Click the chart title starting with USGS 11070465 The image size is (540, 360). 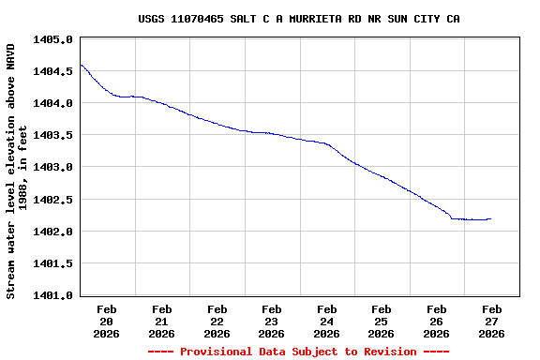click(x=298, y=19)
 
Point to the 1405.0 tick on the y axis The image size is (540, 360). click(x=52, y=39)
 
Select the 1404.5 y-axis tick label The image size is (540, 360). click(x=52, y=71)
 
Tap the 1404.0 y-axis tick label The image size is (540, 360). click(x=52, y=103)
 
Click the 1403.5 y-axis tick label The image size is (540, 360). click(x=52, y=135)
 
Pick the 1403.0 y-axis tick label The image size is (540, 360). click(x=52, y=167)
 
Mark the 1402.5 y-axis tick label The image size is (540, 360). click(x=52, y=200)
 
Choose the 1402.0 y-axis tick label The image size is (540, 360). click(x=52, y=232)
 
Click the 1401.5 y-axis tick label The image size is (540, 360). click(x=52, y=263)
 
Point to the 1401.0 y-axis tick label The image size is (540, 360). click(x=52, y=295)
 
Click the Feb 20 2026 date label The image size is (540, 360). click(x=107, y=321)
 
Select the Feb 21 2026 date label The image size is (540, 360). click(x=161, y=321)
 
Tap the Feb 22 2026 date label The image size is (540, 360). click(x=217, y=321)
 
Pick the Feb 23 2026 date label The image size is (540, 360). click(x=271, y=321)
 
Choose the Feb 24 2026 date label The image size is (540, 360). click(x=326, y=321)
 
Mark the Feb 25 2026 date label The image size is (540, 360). click(x=381, y=321)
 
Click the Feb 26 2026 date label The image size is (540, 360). click(x=436, y=321)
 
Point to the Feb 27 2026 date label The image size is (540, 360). click(x=491, y=321)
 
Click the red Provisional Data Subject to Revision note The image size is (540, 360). click(x=298, y=352)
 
